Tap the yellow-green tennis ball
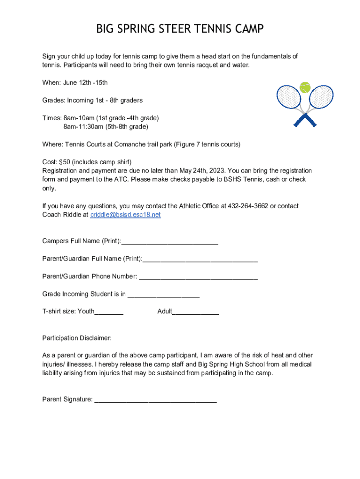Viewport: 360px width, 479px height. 305,87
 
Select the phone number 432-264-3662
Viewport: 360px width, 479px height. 248,206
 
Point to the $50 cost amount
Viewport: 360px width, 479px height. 64,162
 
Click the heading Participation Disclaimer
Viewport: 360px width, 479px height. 77,338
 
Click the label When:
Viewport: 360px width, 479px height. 51,83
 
